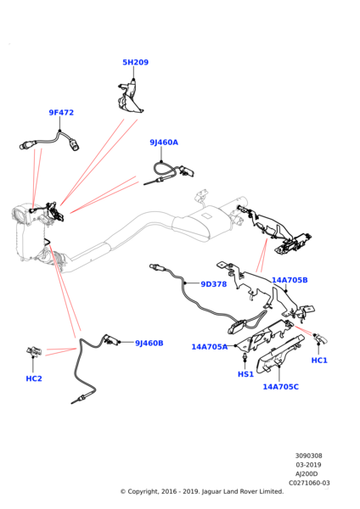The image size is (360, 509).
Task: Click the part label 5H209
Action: tap(135, 62)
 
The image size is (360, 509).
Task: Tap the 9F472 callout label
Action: tap(61, 113)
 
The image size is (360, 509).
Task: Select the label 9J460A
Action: tap(164, 143)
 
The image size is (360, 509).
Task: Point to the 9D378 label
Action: tap(213, 284)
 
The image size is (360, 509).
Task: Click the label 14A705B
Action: tap(290, 280)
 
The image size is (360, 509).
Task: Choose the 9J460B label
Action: tap(149, 343)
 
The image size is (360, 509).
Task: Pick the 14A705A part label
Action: tap(210, 347)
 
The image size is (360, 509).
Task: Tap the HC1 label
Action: tap(319, 361)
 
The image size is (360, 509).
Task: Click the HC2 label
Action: tap(34, 378)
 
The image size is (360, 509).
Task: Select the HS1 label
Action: tap(245, 374)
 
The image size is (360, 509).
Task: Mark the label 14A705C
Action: tap(281, 387)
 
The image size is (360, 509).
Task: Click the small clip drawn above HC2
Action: tap(34, 351)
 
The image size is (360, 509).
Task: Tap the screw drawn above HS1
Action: tap(245, 357)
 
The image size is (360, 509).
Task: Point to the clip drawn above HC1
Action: tap(320, 338)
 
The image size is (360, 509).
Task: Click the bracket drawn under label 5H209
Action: tap(130, 97)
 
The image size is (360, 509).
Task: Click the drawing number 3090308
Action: tap(308, 456)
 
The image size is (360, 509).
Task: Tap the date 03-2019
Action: tap(308, 465)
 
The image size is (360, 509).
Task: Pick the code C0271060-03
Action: tap(309, 483)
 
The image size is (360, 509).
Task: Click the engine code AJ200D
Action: tap(307, 474)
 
